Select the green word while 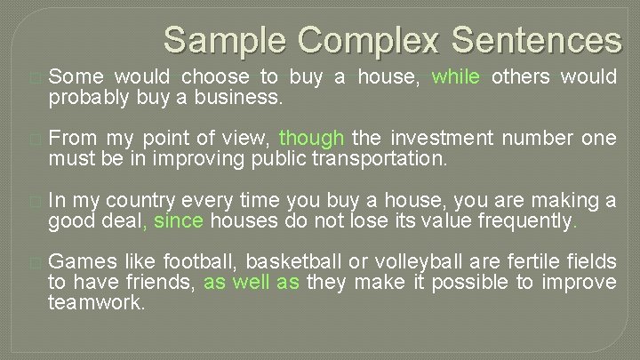tap(456, 77)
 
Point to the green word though tap(312, 138)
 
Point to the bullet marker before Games tap(35, 263)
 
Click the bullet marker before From tap(35, 139)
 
